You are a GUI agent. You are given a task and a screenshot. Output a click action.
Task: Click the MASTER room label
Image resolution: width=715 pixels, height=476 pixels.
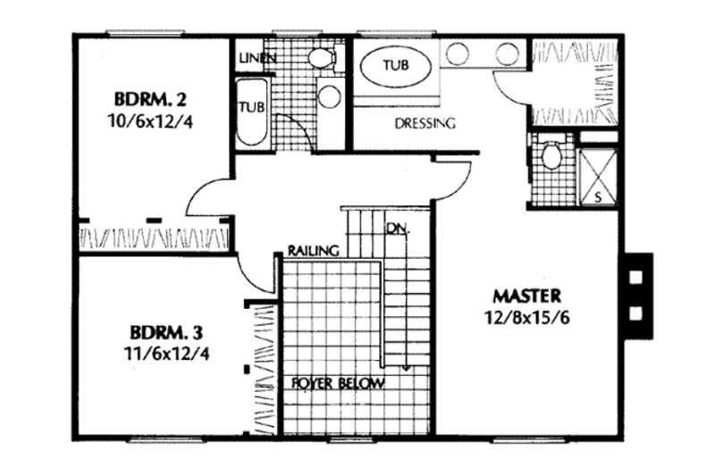[x=526, y=295]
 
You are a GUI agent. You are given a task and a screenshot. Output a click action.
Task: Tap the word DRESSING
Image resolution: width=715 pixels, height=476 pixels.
[x=425, y=124]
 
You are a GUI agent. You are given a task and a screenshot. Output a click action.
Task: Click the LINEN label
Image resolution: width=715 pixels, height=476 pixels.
[x=257, y=58]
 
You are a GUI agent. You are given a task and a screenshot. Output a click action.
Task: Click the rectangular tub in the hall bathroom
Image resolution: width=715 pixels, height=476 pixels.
[x=250, y=111]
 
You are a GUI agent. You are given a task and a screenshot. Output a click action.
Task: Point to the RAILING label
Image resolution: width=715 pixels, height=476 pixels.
[x=312, y=251]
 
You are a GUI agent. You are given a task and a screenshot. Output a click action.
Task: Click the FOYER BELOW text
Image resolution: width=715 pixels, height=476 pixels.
[x=339, y=384]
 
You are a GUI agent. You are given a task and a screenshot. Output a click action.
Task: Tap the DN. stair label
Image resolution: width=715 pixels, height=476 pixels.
[x=398, y=229]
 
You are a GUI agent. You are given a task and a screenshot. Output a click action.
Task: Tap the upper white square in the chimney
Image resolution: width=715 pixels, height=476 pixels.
[x=636, y=277]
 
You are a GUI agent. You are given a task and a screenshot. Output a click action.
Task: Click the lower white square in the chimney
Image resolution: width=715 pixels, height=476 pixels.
[x=636, y=313]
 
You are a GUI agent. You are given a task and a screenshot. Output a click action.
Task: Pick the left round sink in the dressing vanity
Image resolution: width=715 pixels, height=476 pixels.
[x=458, y=54]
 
